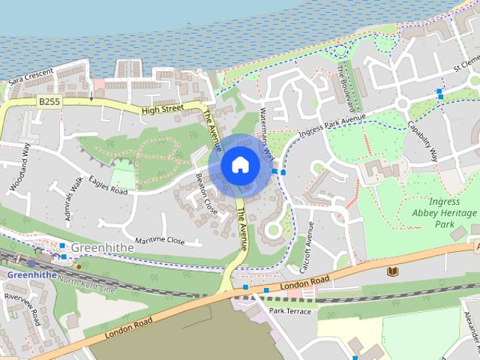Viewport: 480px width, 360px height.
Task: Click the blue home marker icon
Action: [239, 164]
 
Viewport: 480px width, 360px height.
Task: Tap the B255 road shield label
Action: [49, 100]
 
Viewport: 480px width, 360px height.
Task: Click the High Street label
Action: [162, 109]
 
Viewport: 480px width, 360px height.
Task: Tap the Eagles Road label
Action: [108, 186]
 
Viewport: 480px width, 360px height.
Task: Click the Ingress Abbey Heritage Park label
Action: [445, 213]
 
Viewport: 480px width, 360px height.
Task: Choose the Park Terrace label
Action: [290, 310]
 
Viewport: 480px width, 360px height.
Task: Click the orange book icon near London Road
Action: [391, 271]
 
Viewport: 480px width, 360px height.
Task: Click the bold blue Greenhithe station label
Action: [31, 275]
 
